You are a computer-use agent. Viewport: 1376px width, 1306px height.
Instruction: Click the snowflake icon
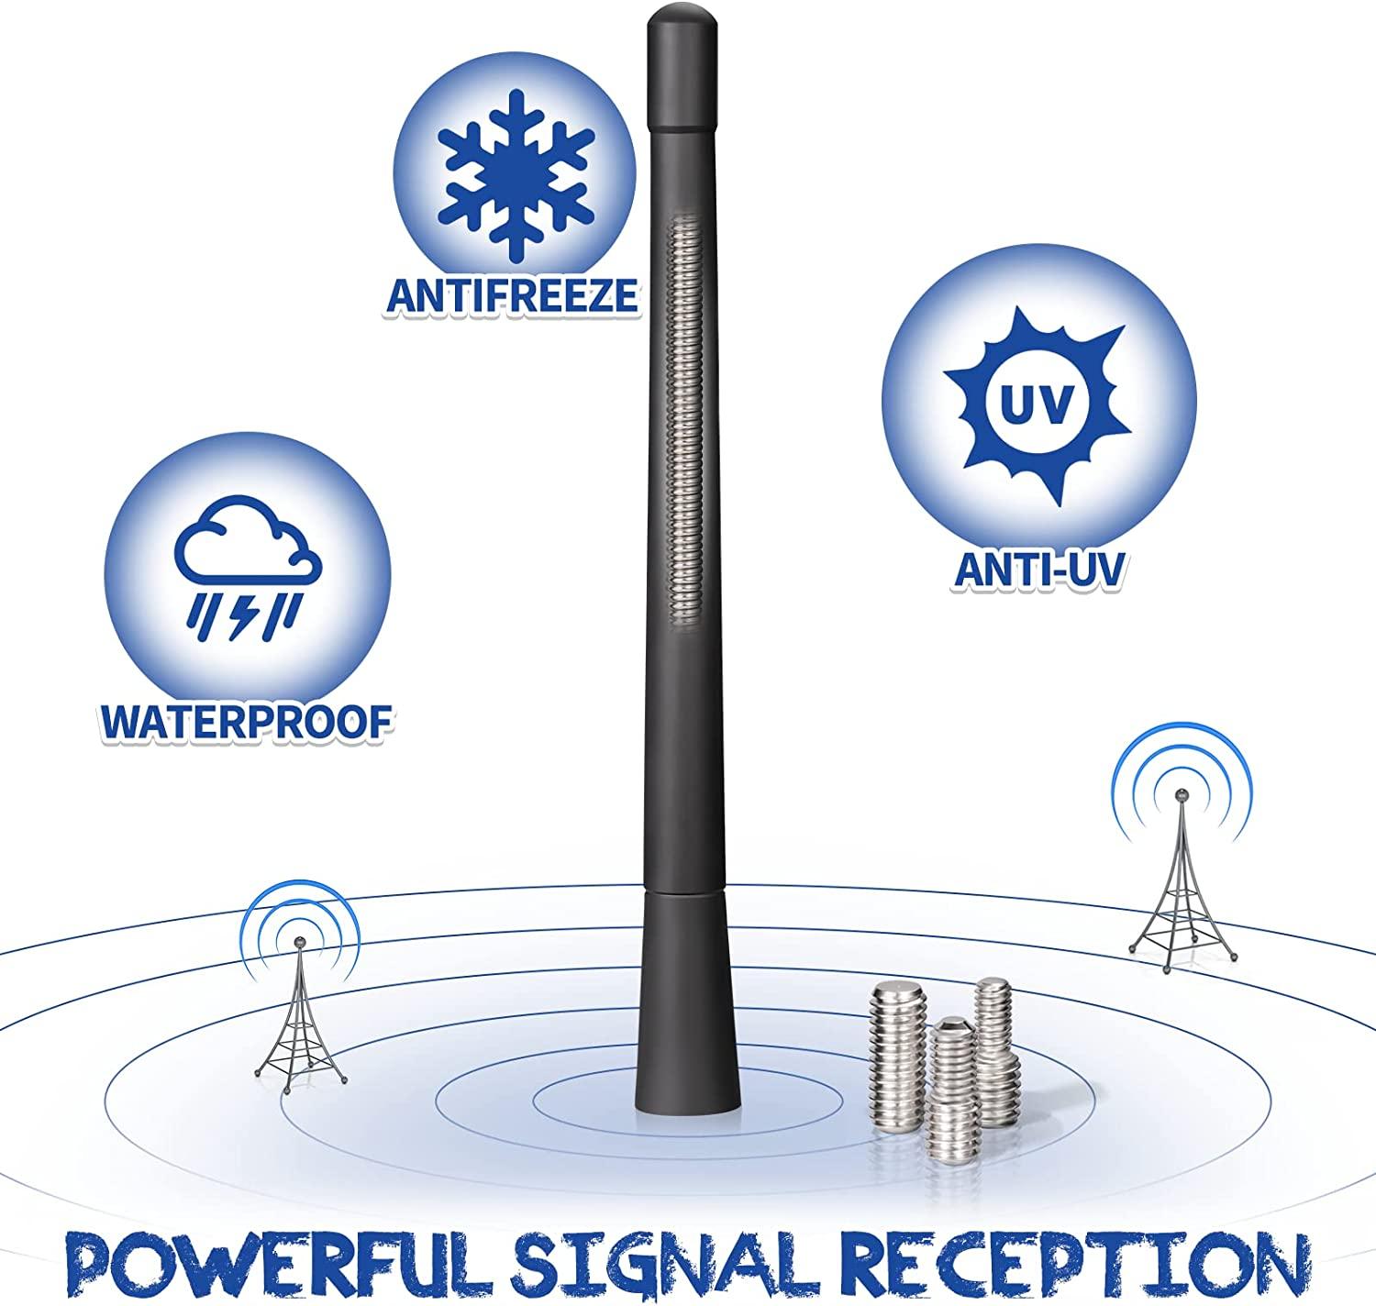pos(516,176)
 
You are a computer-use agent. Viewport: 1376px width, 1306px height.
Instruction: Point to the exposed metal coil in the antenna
pos(683,421)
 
